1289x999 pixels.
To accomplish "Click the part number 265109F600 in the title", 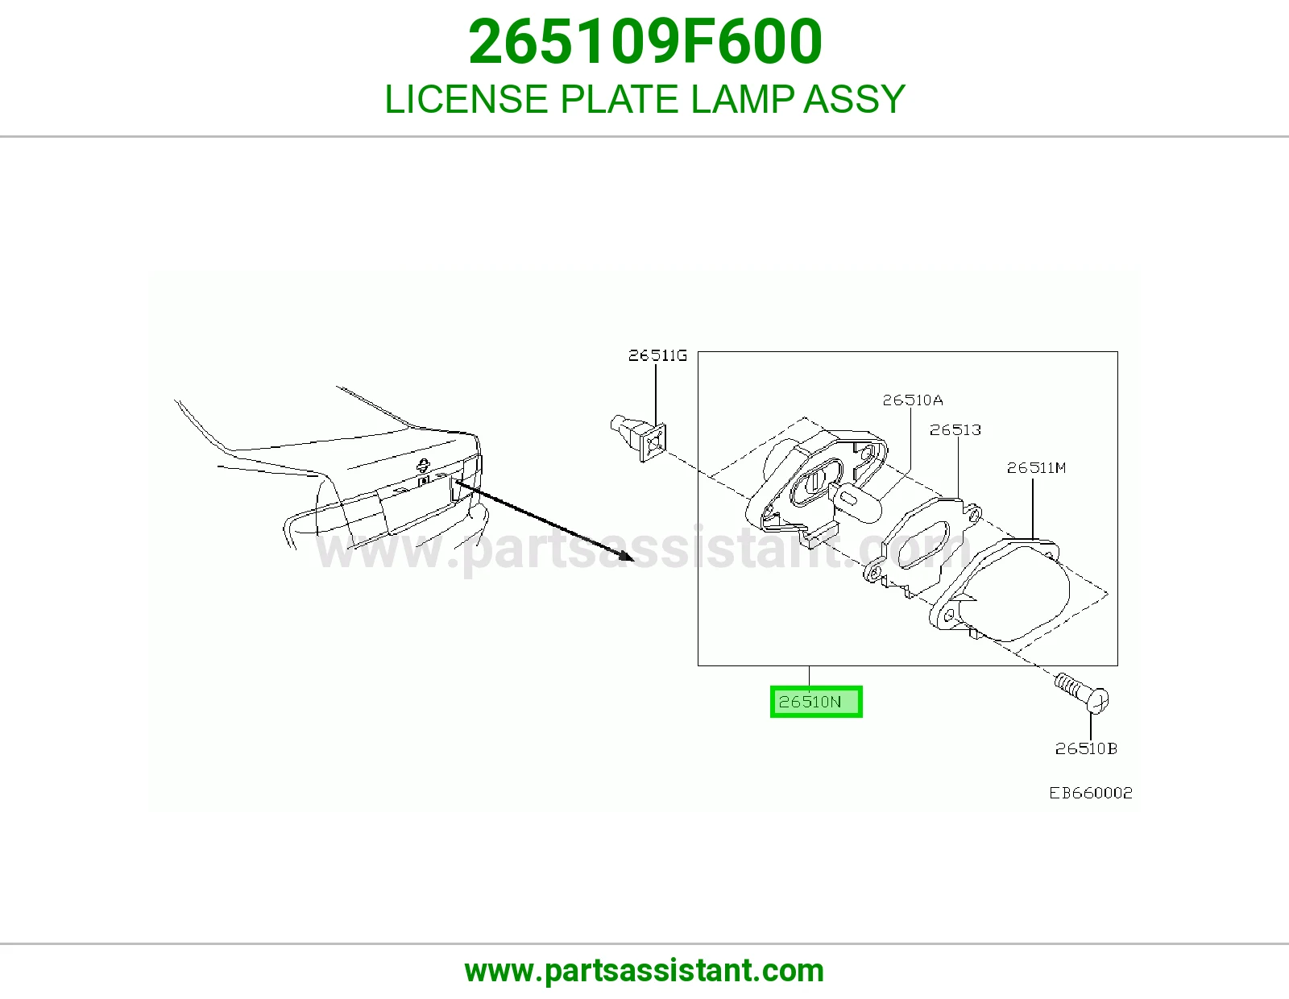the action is [x=644, y=42].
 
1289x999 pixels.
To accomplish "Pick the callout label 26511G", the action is [x=657, y=355].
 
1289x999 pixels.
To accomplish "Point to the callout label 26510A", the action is [x=912, y=400].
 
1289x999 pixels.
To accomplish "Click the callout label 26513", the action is [x=955, y=430].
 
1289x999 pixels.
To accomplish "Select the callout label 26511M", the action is [x=1036, y=468].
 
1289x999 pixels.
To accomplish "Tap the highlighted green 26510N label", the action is [x=816, y=702].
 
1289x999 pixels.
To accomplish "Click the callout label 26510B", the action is [x=1086, y=748].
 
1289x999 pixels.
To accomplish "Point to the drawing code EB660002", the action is [x=1091, y=793].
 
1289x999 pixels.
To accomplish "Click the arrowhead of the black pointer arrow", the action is [x=627, y=556].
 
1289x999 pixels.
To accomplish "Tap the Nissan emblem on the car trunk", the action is [x=423, y=465].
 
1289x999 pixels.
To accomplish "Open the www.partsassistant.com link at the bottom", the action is [x=644, y=971].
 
